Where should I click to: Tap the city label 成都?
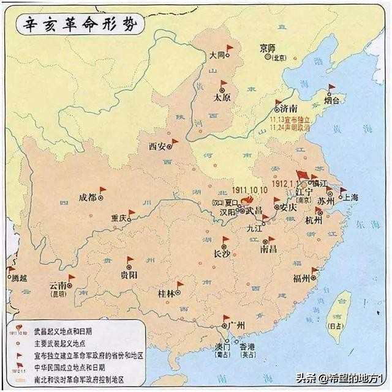(x=88, y=197)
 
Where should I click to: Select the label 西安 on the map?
(x=157, y=147)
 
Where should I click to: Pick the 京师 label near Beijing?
(x=268, y=48)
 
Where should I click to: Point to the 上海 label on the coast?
(x=354, y=198)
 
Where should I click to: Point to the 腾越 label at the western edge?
(x=19, y=278)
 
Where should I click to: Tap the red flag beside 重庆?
(x=132, y=213)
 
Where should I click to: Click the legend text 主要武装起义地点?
(x=51, y=343)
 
